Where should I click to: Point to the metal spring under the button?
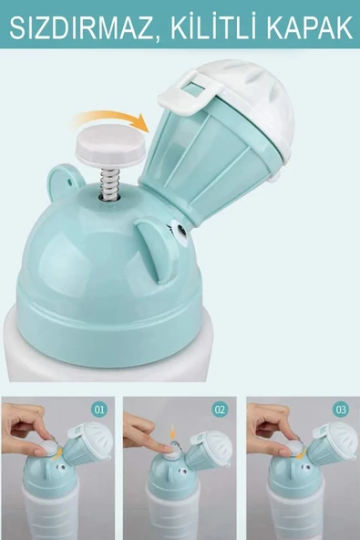pyautogui.click(x=108, y=184)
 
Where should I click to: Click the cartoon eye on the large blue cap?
pyautogui.click(x=180, y=231)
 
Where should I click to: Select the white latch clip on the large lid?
pyautogui.click(x=188, y=93)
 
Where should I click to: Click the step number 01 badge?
pyautogui.click(x=99, y=410)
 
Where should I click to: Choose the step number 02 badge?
pyautogui.click(x=220, y=410)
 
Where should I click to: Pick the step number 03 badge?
pyautogui.click(x=341, y=410)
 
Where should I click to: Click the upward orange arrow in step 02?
pyautogui.click(x=173, y=433)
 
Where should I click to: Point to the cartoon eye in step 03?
pyautogui.click(x=303, y=467)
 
